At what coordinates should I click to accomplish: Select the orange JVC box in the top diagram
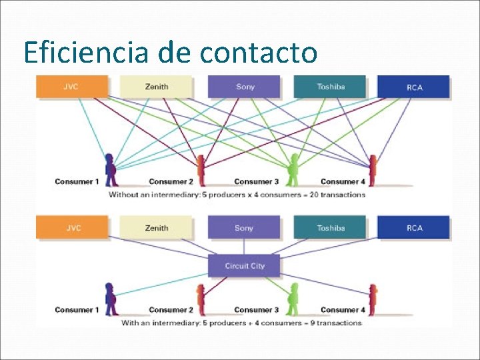[71, 87]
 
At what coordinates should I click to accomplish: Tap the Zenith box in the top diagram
[157, 87]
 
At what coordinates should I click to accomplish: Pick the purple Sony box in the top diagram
[245, 87]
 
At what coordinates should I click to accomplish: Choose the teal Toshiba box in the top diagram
[331, 87]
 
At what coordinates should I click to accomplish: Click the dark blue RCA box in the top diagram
[414, 87]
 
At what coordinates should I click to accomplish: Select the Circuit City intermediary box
[245, 266]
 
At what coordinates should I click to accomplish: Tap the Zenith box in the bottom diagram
[157, 228]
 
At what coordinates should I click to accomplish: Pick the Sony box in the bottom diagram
[244, 228]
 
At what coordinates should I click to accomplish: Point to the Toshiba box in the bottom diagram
[331, 228]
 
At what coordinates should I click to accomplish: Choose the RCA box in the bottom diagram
[414, 228]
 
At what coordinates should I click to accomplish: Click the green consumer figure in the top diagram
[292, 171]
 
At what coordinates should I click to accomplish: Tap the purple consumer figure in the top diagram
[110, 171]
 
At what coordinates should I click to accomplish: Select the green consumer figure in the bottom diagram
[292, 299]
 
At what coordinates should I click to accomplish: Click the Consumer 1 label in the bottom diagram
[77, 310]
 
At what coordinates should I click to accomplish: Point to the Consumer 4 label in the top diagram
[343, 182]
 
